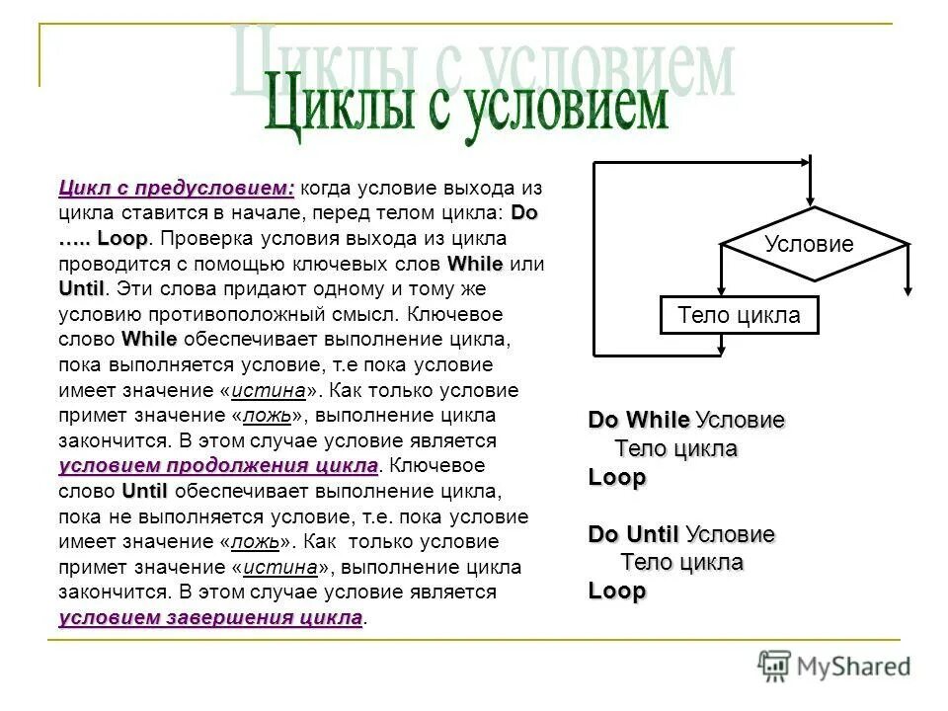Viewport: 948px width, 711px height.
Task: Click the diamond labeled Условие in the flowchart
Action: pos(809,245)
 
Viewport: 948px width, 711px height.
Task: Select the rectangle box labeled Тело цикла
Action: pos(739,316)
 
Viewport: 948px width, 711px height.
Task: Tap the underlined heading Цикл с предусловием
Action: pos(176,188)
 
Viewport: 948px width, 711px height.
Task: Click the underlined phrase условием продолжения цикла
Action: pos(218,465)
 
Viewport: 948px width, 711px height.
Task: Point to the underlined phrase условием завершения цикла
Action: pos(210,618)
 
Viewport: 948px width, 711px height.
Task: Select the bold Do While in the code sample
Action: pos(638,420)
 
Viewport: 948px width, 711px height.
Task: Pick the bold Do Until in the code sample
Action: pos(633,534)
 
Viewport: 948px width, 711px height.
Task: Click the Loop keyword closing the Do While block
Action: pos(617,477)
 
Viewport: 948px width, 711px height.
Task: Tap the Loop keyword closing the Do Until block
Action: pos(617,592)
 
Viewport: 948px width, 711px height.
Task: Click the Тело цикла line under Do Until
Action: pos(681,563)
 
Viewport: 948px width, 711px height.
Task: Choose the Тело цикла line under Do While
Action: pos(676,448)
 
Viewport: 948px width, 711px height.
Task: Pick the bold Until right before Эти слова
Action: pos(81,289)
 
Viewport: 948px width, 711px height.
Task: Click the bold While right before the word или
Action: pos(475,264)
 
